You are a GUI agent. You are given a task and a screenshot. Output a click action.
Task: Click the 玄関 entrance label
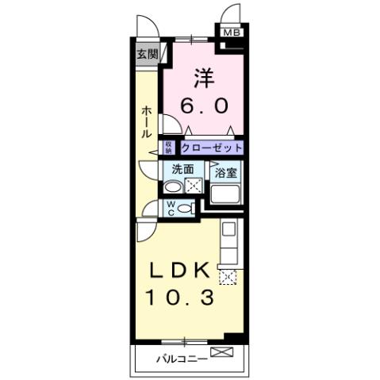coord(146,55)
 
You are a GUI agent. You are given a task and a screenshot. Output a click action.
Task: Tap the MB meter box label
coord(231,33)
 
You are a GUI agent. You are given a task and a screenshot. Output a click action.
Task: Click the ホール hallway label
coord(147,123)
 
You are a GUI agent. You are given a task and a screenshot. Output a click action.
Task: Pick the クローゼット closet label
coord(211,148)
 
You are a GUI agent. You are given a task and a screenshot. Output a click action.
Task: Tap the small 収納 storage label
coord(169,148)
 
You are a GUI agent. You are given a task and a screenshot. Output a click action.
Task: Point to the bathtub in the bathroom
coord(225,196)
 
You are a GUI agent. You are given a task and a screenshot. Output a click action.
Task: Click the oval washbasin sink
coord(172,188)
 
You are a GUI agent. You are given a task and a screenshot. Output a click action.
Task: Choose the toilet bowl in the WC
coord(186,208)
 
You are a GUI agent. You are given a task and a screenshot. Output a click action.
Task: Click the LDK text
coord(181,271)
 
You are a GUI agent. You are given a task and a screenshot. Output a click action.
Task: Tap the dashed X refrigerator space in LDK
coord(228,277)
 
